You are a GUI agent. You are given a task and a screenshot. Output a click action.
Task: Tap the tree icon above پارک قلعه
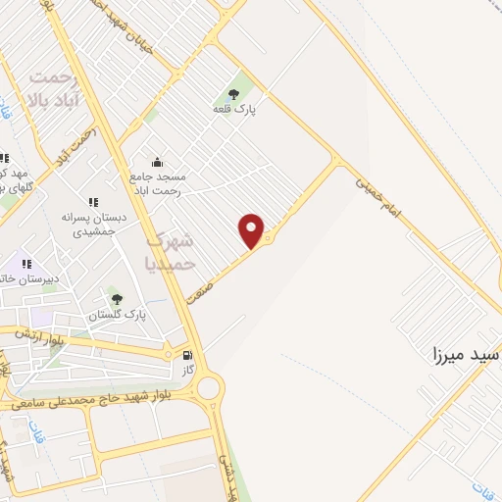click(x=233, y=94)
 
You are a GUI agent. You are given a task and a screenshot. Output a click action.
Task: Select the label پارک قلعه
click(x=234, y=109)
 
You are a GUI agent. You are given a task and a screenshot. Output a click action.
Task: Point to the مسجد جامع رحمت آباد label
click(x=156, y=184)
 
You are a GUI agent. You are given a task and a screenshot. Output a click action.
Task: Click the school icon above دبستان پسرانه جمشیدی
click(x=93, y=202)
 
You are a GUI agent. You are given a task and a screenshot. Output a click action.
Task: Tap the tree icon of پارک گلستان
click(x=118, y=299)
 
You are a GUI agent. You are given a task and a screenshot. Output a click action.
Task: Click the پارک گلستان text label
click(x=117, y=315)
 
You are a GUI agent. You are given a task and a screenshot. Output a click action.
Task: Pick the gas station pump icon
click(x=187, y=354)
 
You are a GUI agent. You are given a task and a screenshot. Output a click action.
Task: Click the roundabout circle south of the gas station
click(x=209, y=388)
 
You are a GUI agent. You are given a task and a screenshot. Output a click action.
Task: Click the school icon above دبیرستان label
click(x=27, y=263)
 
